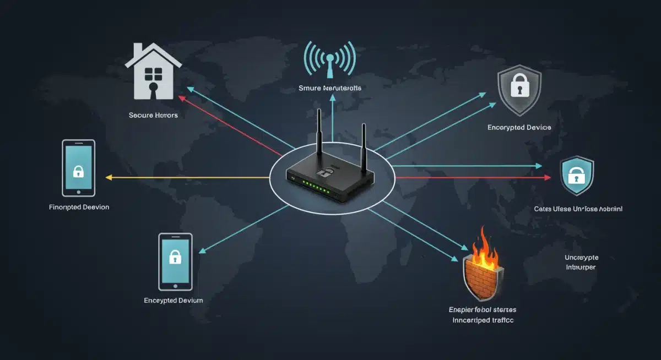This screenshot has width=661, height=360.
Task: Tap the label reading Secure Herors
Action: coord(153,116)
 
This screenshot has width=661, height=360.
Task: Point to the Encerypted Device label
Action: coord(519,127)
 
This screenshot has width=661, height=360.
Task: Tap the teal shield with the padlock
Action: coord(576,177)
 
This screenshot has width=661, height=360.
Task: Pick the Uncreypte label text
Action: coord(581,257)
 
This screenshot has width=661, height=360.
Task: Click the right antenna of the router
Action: coord(364,146)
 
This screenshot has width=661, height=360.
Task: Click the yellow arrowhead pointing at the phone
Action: coord(109,178)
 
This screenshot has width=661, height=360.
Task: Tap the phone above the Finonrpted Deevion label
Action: coord(79,168)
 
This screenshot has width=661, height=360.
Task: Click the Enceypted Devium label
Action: coord(174,301)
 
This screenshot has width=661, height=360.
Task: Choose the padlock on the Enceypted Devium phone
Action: coord(175,257)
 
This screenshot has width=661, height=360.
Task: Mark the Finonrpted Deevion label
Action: coord(79,207)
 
